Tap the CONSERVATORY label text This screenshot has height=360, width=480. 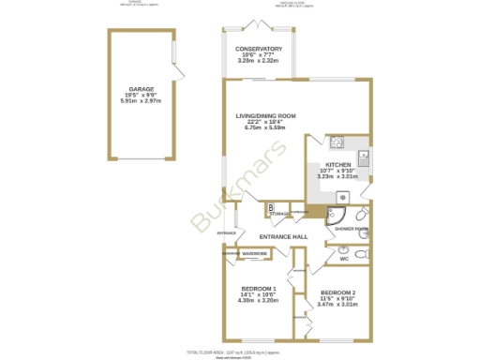[259, 49]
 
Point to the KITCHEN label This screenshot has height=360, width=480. [337, 164]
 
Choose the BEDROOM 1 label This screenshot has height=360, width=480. [258, 288]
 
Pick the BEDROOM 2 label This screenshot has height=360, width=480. [337, 292]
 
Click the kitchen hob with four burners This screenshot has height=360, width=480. [337, 142]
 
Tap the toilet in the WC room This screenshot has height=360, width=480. [363, 252]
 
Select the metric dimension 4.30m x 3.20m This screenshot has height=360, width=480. [258, 301]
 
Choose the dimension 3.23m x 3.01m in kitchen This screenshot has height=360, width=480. [337, 176]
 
